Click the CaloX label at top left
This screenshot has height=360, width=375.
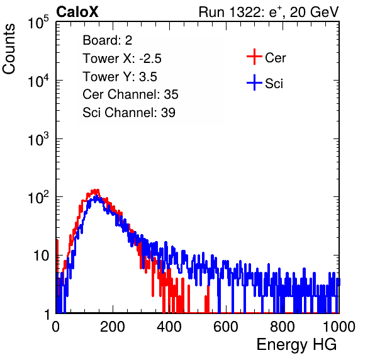point(77,12)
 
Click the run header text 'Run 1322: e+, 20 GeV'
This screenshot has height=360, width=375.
point(269,12)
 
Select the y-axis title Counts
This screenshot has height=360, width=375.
point(9,49)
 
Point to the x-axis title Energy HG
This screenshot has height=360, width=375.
point(296,345)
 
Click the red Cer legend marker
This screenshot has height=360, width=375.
point(254,57)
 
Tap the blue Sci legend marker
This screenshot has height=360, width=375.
point(254,82)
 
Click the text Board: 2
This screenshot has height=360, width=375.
point(108,40)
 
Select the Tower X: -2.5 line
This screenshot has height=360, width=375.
point(122,59)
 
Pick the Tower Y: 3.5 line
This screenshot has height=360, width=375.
point(120,77)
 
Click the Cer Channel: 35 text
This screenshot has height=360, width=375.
point(130,94)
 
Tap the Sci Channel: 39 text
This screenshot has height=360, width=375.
point(129,113)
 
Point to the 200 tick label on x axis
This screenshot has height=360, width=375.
point(113,326)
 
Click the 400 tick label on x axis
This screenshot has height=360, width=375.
point(169,326)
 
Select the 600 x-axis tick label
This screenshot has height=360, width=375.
point(226,326)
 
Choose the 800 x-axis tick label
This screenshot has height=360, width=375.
point(283,326)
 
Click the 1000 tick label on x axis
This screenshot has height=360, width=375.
point(339,326)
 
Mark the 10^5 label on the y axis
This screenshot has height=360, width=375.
point(38,23)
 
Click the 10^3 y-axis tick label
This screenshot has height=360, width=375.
point(38,139)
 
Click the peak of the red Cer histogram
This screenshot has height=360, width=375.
point(96,191)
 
